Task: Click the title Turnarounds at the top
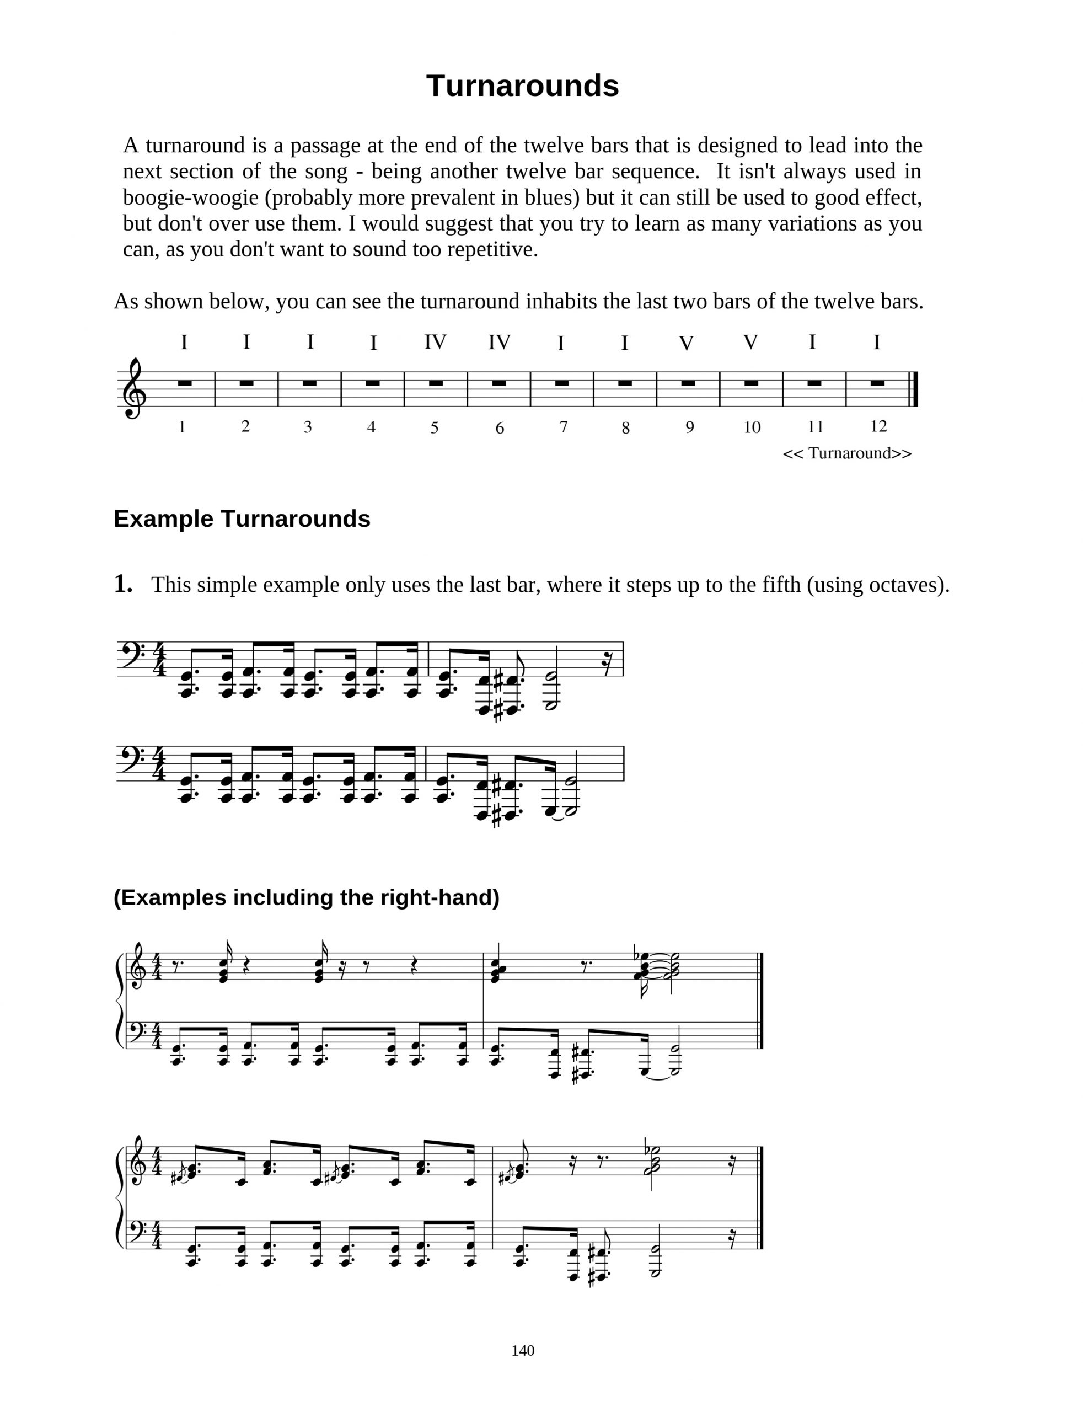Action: point(522,85)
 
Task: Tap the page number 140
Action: point(523,1350)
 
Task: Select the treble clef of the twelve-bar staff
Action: point(133,388)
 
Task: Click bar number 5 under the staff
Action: point(435,427)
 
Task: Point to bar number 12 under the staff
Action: point(878,426)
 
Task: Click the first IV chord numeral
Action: point(436,342)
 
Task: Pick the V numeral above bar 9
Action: point(687,344)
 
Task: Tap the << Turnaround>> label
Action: point(847,453)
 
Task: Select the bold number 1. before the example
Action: point(123,584)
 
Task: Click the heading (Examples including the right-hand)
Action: point(306,897)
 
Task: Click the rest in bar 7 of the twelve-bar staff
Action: point(561,383)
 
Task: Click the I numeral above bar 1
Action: point(184,343)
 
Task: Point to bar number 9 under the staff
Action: point(690,427)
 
